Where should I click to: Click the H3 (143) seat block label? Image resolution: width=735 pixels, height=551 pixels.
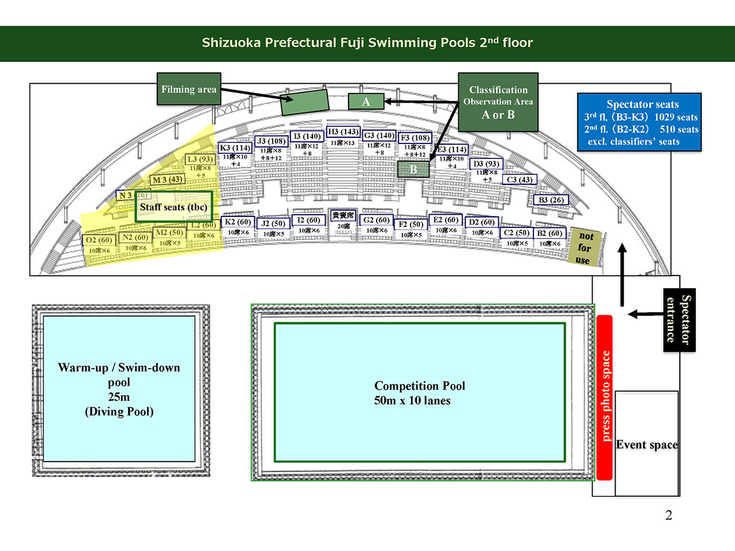pyautogui.click(x=343, y=132)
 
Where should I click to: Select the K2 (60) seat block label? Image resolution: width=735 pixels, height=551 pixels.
pyautogui.click(x=238, y=222)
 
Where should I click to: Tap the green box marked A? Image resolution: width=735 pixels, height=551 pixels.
pyautogui.click(x=366, y=102)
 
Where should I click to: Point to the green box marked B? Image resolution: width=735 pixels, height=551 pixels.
pyautogui.click(x=413, y=169)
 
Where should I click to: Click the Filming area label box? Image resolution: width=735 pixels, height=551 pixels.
pyautogui.click(x=189, y=89)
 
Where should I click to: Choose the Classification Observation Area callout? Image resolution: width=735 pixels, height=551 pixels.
pyautogui.click(x=498, y=102)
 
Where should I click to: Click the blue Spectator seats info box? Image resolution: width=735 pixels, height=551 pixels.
pyautogui.click(x=639, y=122)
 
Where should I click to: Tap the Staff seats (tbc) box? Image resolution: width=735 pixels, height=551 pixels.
pyautogui.click(x=173, y=207)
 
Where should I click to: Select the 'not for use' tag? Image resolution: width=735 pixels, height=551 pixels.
pyautogui.click(x=585, y=247)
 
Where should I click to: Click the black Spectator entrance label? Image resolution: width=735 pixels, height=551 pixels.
pyautogui.click(x=679, y=320)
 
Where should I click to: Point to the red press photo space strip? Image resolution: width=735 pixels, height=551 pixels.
pyautogui.click(x=605, y=397)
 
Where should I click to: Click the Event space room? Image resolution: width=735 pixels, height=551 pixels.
pyautogui.click(x=647, y=444)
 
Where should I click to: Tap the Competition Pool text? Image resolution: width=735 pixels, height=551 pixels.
pyautogui.click(x=419, y=393)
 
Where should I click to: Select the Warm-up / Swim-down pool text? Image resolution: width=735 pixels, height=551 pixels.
pyautogui.click(x=119, y=389)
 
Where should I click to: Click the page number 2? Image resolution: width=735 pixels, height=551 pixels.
pyautogui.click(x=668, y=515)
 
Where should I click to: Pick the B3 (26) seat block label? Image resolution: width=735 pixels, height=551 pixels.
pyautogui.click(x=551, y=200)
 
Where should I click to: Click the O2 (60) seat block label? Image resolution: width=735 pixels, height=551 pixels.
pyautogui.click(x=98, y=240)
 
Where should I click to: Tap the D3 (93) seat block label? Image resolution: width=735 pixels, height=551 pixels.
pyautogui.click(x=486, y=164)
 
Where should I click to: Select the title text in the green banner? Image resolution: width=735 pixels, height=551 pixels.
pyautogui.click(x=367, y=43)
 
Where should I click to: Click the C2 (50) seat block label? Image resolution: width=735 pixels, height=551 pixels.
pyautogui.click(x=516, y=233)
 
